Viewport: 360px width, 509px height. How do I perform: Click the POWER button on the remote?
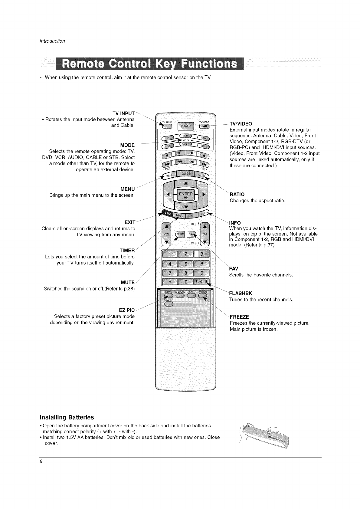tap(186, 125)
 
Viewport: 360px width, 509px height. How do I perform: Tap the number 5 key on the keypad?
tap(186, 264)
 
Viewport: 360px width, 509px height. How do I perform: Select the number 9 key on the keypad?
tap(202, 273)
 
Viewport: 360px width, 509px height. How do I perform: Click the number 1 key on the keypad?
tap(170, 254)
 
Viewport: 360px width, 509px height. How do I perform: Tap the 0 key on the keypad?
tap(186, 282)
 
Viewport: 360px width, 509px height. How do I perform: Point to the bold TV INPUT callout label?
tap(123, 113)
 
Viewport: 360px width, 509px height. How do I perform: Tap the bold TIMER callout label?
tap(127, 251)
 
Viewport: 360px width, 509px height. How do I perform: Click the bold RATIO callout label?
tap(237, 194)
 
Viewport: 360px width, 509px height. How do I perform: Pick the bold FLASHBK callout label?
tap(241, 293)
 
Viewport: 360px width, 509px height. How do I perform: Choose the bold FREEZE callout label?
tap(239, 317)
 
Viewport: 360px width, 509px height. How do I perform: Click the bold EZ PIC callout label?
tap(127, 310)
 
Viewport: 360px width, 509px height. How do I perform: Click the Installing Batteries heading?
tap(67, 418)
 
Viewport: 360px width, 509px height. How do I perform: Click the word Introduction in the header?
tap(52, 41)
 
